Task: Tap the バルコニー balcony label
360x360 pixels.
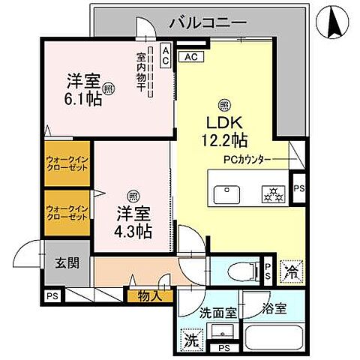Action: coord(207,22)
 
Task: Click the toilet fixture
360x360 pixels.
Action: coord(240,269)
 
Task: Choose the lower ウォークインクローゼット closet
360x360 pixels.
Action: coord(67,211)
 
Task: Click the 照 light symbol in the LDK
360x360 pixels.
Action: coord(223,104)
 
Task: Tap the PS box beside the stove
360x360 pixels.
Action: coord(298,188)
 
